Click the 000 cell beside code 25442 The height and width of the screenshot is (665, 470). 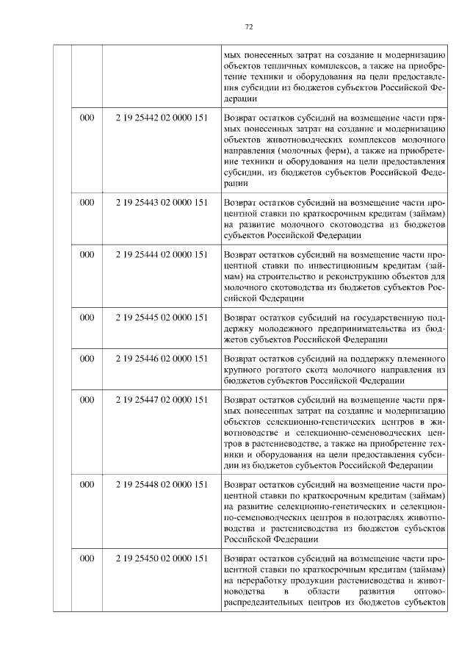[x=87, y=118]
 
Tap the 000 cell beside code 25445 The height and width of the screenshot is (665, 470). [x=87, y=317]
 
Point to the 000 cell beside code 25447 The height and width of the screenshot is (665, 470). [x=87, y=400]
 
